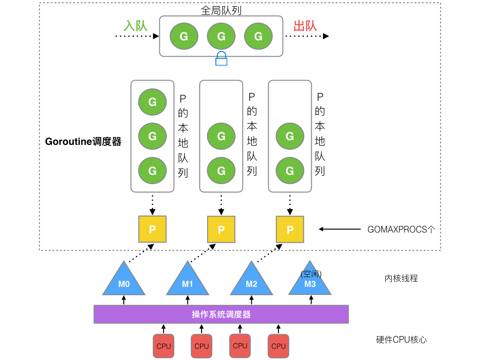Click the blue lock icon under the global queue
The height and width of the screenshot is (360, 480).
pyautogui.click(x=221, y=59)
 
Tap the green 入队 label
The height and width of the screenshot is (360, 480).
pyautogui.click(x=135, y=25)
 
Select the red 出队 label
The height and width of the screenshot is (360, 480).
pyautogui.click(x=305, y=25)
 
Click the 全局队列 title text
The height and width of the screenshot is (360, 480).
pyautogui.click(x=221, y=10)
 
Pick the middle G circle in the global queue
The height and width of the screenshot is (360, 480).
pyautogui.click(x=221, y=36)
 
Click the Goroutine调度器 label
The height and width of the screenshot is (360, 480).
pyautogui.click(x=83, y=142)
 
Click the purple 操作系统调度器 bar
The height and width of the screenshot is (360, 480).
pyautogui.click(x=221, y=314)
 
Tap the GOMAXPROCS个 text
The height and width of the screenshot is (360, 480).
pyautogui.click(x=401, y=230)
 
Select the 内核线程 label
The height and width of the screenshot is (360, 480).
pyautogui.click(x=401, y=278)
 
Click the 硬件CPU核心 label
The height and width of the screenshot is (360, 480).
pyautogui.click(x=401, y=340)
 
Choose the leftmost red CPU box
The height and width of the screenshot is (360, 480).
pyautogui.click(x=164, y=346)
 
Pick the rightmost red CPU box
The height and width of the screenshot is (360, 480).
pyautogui.click(x=278, y=346)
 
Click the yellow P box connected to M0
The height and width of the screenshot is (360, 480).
pyautogui.click(x=152, y=229)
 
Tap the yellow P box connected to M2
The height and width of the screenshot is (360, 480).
pyautogui.click(x=290, y=229)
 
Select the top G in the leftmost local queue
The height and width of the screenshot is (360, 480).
pyautogui.click(x=152, y=102)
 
